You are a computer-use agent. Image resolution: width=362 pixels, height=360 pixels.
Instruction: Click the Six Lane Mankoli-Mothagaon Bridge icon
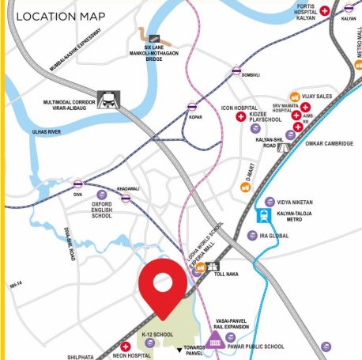[x=150, y=36]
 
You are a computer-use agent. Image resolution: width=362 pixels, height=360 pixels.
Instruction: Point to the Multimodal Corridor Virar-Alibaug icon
[x=105, y=100]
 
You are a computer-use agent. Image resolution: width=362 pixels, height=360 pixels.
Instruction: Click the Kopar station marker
[x=192, y=105]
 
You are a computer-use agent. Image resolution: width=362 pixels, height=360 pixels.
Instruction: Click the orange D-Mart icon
[x=245, y=188]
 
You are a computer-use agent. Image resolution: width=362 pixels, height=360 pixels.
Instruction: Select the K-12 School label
[x=159, y=335]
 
